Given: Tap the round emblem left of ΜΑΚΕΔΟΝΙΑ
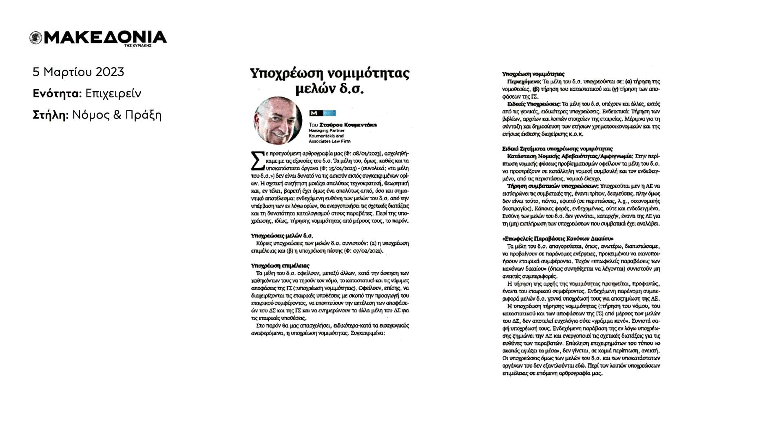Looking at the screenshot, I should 36,38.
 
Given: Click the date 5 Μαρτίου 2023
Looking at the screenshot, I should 78,72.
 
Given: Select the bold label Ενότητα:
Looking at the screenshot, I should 57,94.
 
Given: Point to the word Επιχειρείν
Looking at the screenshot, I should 113,94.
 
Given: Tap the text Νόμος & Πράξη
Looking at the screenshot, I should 117,115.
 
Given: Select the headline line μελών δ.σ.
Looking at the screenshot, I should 329,89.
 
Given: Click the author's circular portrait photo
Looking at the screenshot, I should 278,121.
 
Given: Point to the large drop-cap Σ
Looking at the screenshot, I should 257,161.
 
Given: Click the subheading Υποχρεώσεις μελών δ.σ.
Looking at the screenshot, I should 282,235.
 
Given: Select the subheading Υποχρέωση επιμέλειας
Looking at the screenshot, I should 280,266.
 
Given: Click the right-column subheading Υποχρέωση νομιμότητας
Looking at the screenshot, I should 533,74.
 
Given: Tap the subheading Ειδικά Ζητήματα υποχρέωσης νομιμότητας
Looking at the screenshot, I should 557,149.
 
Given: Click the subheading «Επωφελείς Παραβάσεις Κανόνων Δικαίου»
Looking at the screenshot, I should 557,239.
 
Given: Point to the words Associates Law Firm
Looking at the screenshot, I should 329,141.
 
